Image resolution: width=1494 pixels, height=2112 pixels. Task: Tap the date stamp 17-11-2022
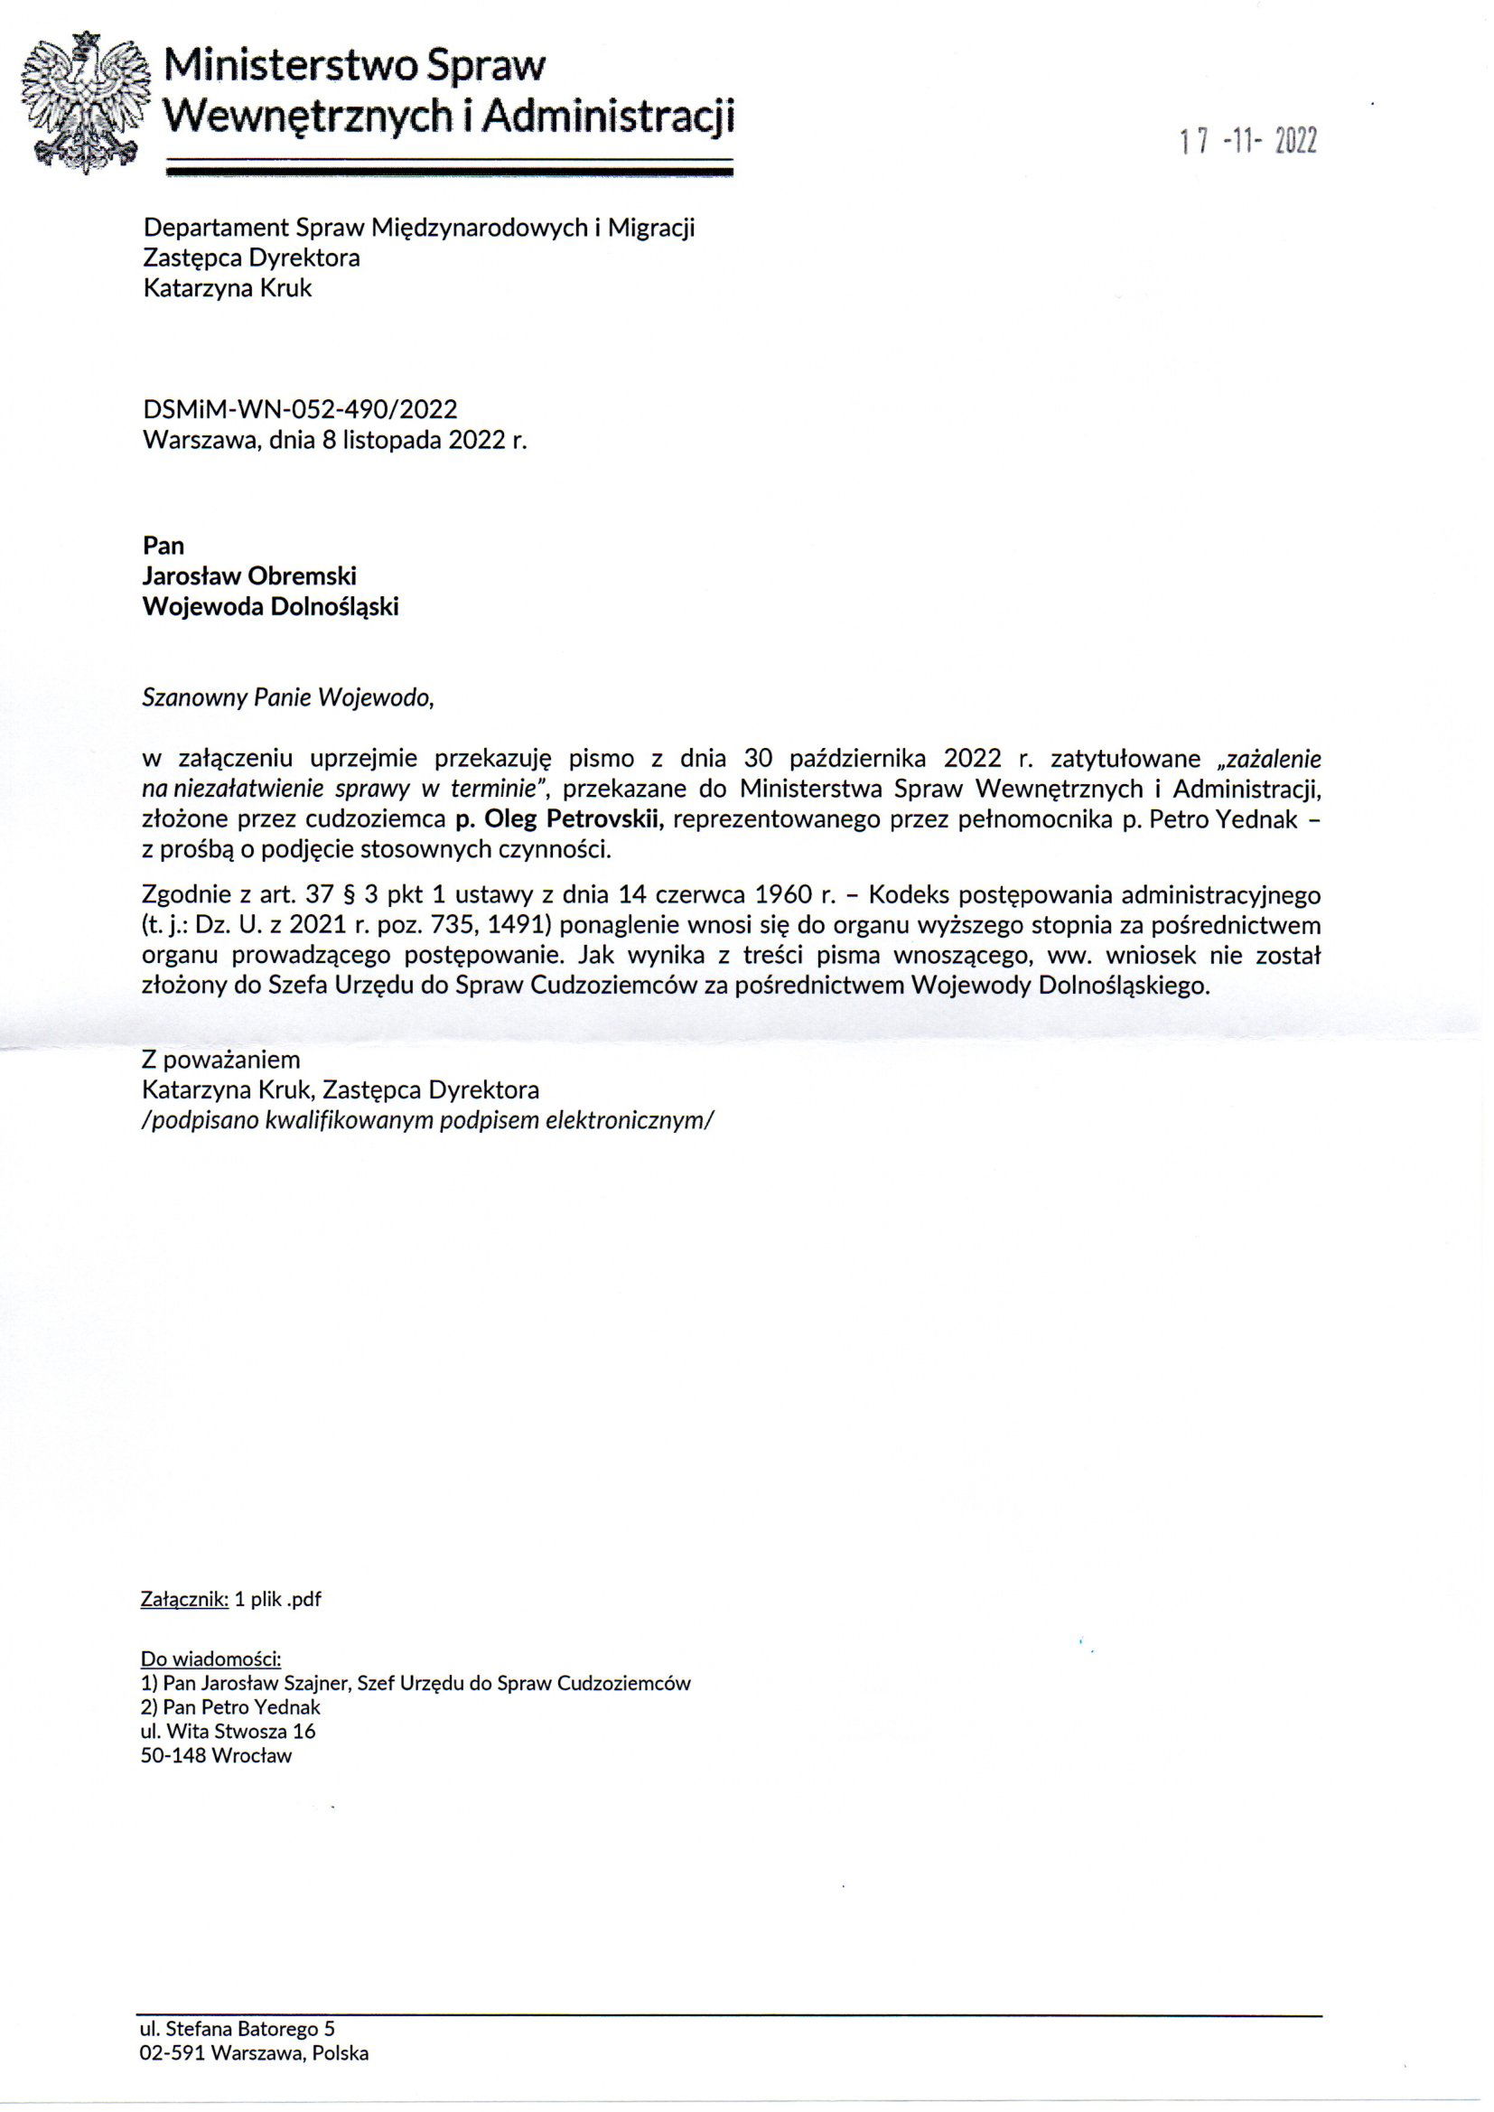click(x=1248, y=142)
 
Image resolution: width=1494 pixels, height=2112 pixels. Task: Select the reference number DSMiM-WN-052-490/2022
click(x=300, y=408)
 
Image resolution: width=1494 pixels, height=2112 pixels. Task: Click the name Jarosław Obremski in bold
click(x=249, y=575)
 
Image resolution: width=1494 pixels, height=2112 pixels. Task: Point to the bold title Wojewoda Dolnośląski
click(x=270, y=606)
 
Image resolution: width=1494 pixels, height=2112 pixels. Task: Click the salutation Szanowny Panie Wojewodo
click(x=287, y=697)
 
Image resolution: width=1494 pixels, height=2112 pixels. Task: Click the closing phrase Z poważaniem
click(x=220, y=1060)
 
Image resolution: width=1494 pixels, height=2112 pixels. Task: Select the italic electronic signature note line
click(x=428, y=1120)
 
